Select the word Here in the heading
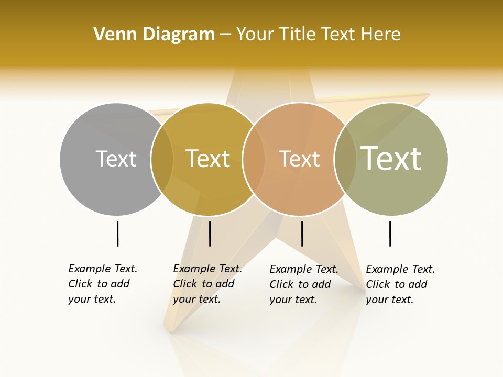point(380,35)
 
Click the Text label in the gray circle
point(116,159)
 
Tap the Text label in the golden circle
point(207,159)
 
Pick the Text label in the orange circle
point(299,159)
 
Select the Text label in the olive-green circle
point(391,159)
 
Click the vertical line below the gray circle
point(117,234)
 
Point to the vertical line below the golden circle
point(210,234)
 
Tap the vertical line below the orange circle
point(302,234)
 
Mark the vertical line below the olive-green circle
point(390,234)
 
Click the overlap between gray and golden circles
point(162,159)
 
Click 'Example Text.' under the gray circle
point(103,269)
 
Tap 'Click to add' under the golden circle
point(203,284)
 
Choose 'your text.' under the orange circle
point(293,300)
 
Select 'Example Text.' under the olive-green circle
point(400,269)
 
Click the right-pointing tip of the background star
point(428,95)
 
